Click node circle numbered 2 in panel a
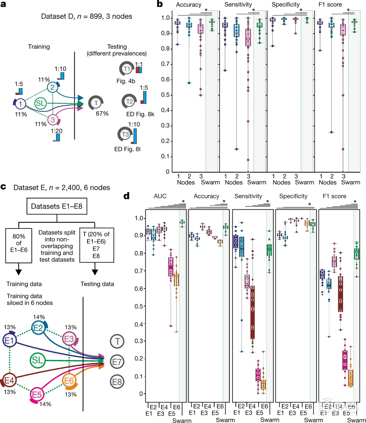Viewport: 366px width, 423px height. click(x=52, y=87)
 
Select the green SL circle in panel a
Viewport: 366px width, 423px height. click(x=41, y=104)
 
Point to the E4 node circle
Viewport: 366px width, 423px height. click(x=9, y=379)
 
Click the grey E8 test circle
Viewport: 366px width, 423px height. click(x=117, y=382)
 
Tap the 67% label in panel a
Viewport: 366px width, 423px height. click(x=102, y=114)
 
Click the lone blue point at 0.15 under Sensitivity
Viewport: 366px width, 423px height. click(x=236, y=149)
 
